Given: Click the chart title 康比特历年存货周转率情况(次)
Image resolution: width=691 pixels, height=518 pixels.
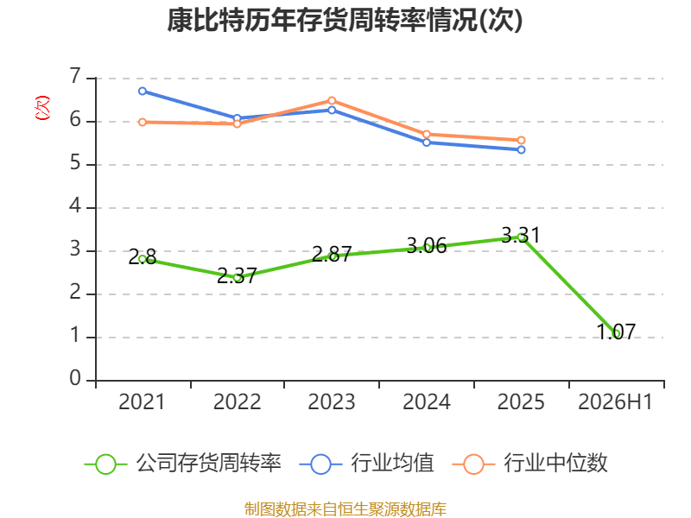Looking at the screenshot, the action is [345, 20].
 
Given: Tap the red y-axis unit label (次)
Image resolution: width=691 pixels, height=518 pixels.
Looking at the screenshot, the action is [42, 108].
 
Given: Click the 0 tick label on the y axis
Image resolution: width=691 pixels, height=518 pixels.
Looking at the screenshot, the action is [75, 378].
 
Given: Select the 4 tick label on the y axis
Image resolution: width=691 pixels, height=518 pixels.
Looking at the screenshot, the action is [75, 205].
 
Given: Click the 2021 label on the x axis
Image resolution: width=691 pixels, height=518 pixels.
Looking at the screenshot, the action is [142, 401].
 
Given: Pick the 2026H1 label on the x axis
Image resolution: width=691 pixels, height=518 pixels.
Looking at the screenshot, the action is [615, 401].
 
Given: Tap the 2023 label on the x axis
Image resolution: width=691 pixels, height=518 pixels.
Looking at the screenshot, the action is [332, 401].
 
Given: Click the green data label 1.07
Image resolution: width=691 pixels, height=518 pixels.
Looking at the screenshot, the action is [616, 332].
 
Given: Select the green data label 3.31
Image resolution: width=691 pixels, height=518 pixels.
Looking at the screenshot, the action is [521, 235].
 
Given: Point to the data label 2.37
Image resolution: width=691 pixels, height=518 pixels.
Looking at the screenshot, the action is [237, 275].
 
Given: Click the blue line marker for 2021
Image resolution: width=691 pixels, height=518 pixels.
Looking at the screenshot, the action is [143, 92].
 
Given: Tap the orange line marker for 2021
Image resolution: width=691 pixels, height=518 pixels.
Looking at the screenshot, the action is [143, 122].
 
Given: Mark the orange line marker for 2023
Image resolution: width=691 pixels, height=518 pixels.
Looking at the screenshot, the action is [332, 101].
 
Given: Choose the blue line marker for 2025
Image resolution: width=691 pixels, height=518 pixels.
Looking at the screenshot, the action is [521, 149].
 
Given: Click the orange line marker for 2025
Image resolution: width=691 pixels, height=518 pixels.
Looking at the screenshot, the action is [521, 141].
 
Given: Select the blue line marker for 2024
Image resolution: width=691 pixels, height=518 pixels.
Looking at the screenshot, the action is [427, 142].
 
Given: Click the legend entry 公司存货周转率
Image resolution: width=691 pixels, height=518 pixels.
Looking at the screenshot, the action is [183, 464].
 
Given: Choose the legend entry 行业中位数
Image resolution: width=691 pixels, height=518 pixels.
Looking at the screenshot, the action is [530, 464].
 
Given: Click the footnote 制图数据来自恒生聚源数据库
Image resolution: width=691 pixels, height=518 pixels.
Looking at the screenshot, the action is [345, 509].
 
